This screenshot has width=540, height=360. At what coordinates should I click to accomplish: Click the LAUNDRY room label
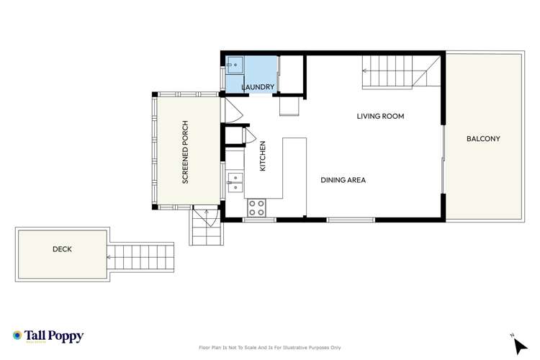(258, 87)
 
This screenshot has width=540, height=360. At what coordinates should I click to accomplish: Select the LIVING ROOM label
(380, 116)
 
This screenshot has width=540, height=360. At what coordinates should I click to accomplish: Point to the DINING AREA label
(343, 180)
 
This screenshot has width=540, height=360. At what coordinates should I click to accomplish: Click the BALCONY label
(482, 138)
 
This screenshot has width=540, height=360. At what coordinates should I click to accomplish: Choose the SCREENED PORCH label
(185, 153)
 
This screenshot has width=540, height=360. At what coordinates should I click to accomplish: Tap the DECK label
(62, 249)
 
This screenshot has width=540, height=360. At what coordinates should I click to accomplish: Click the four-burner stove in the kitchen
(257, 208)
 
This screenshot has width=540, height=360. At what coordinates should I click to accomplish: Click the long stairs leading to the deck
(141, 254)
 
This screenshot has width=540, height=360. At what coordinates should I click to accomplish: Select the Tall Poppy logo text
(57, 336)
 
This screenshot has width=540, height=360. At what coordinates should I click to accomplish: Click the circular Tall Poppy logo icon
(17, 336)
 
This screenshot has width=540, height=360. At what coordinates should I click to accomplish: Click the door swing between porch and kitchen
(232, 109)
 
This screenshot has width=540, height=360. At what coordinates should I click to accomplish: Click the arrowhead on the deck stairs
(110, 254)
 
